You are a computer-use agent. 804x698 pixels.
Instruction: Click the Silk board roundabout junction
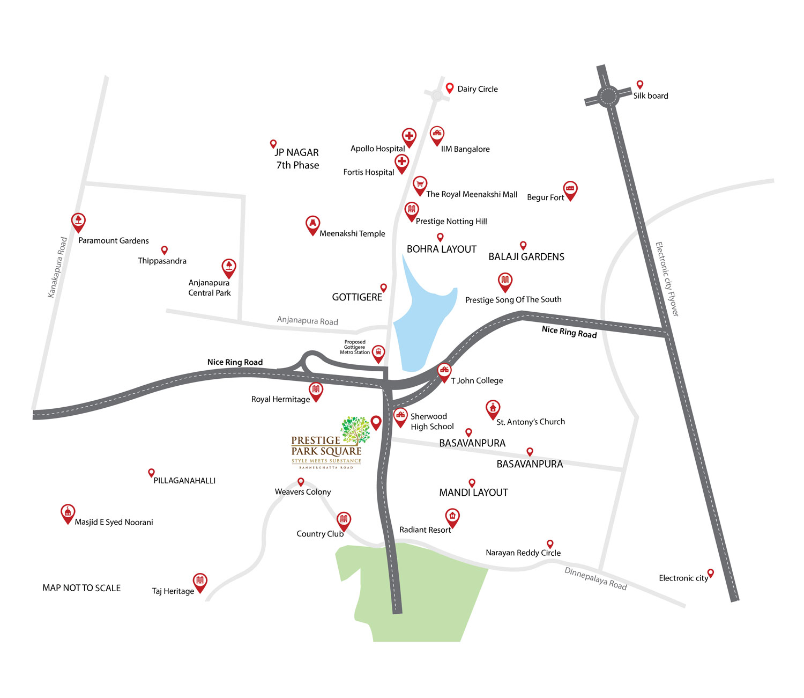(608, 97)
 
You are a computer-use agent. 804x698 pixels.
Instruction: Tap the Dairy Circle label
(477, 89)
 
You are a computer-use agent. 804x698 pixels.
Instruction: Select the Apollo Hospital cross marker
(409, 136)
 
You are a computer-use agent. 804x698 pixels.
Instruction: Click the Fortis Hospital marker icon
(401, 162)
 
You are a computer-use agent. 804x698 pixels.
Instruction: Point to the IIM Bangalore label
(465, 149)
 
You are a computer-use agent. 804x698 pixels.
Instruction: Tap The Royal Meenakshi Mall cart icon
(420, 185)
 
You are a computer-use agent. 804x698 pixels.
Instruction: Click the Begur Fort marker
(570, 189)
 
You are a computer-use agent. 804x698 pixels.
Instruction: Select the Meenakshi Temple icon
(312, 224)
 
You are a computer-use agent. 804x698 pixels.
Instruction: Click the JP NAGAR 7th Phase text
(297, 159)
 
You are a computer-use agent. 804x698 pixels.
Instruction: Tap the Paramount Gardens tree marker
(78, 221)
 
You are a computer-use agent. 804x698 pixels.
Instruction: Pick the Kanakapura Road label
(57, 267)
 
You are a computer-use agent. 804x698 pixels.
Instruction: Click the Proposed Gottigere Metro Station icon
(378, 352)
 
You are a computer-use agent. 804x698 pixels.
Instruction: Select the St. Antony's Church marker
(493, 408)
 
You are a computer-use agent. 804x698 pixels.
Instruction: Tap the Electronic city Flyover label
(667, 279)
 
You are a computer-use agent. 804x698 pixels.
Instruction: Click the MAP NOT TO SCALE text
(81, 588)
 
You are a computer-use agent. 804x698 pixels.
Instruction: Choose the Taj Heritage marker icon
(200, 581)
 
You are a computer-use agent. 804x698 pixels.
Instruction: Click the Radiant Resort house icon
(452, 516)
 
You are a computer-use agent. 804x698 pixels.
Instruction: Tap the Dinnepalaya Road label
(595, 578)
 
